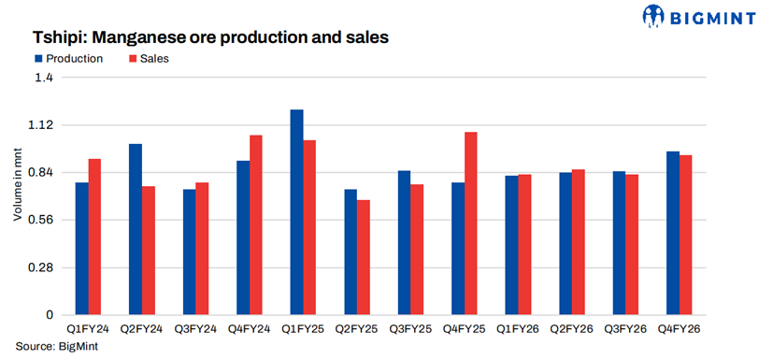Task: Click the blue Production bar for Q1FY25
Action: [297, 212]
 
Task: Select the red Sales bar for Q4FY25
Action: [470, 223]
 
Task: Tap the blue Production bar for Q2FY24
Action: [136, 229]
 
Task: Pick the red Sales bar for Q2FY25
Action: [364, 257]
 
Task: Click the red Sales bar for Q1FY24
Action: [94, 237]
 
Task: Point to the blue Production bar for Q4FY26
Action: [673, 233]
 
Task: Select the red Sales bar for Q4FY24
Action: [256, 224]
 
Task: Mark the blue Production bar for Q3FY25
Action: [404, 242]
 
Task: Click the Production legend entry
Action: [69, 59]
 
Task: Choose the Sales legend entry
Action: [149, 59]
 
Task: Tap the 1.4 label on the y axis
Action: [44, 78]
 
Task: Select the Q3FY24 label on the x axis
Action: [195, 329]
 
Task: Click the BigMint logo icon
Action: [653, 16]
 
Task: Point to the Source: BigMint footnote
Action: [57, 346]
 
